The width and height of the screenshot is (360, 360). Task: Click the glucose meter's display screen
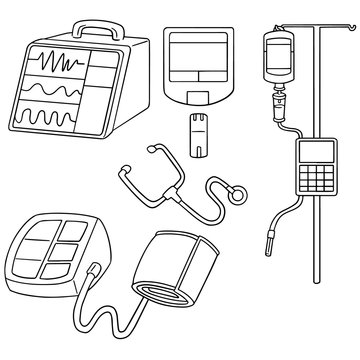pyautogui.click(x=197, y=57)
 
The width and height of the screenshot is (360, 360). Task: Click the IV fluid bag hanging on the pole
pyautogui.click(x=277, y=59)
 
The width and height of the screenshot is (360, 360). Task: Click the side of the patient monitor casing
pyautogui.click(x=141, y=90)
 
